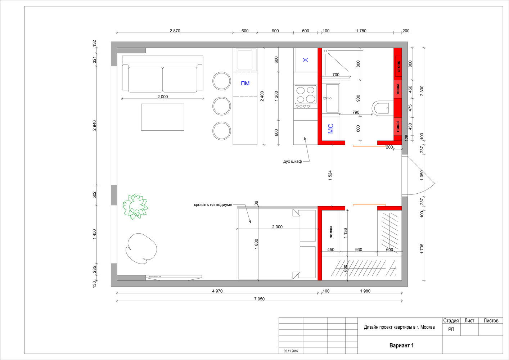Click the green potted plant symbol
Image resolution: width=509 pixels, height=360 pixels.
[135, 207]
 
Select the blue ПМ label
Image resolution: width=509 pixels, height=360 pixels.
[245, 84]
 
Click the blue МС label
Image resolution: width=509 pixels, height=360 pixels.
[330, 129]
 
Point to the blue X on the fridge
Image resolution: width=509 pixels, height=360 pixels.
[305, 60]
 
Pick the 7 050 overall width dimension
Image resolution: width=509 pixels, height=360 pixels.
[259, 299]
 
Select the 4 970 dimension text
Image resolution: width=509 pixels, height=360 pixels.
[217, 291]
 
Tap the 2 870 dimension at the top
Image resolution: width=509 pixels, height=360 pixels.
[175, 31]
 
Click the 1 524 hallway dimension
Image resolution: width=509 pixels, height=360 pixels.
[330, 175]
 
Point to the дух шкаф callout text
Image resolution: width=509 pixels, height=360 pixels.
[292, 161]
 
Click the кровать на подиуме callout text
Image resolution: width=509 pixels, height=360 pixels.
[213, 204]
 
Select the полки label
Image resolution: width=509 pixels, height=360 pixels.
[331, 232]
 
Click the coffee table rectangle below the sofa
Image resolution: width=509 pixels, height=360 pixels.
[162, 117]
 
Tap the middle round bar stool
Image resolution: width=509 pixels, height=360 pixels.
[221, 106]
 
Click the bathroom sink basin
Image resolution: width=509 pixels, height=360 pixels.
[333, 98]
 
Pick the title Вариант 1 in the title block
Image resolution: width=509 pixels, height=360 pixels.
[401, 346]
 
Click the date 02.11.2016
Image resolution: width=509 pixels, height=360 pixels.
[290, 351]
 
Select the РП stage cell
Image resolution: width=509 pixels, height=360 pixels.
[451, 329]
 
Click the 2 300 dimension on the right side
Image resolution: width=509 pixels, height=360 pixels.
[422, 91]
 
